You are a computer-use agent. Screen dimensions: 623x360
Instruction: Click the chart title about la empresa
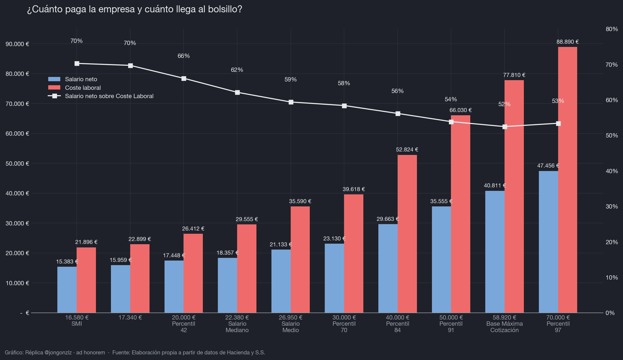[135, 9]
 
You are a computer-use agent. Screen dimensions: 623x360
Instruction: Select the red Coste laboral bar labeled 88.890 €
[568, 180]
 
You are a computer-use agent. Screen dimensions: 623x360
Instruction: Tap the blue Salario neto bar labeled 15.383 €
[67, 290]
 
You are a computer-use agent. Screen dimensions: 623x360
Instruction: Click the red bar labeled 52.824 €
[407, 234]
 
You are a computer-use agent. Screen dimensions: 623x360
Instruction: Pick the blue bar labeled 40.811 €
[495, 252]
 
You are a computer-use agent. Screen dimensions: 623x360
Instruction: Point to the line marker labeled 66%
[184, 79]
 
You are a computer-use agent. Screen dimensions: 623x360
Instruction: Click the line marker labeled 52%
[505, 127]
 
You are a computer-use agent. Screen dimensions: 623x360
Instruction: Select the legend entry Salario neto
[73, 79]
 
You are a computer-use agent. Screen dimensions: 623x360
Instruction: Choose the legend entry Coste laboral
[74, 88]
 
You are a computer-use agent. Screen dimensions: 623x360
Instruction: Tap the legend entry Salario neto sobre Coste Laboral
[101, 96]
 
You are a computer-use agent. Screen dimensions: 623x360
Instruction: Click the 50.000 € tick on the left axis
[17, 164]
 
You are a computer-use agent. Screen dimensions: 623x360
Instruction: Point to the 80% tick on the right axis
[612, 29]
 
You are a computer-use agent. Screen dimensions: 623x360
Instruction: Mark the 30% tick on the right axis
[612, 206]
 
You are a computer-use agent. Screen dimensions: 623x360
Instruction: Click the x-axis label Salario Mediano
[237, 324]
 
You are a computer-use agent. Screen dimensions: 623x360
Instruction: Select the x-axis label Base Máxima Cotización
[505, 324]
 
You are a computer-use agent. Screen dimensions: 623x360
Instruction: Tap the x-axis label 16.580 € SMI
[77, 321]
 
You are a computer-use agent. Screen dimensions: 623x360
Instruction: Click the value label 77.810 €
[514, 75]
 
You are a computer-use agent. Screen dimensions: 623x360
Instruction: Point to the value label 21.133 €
[281, 244]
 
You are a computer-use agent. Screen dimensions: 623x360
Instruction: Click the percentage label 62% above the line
[237, 70]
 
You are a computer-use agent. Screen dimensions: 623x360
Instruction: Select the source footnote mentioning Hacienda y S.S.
[189, 352]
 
